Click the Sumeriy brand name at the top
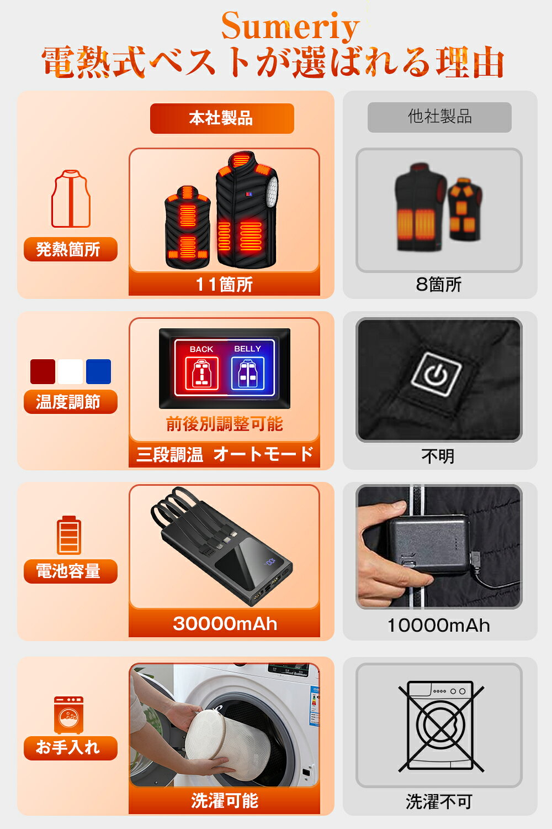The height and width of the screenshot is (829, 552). [x=290, y=27]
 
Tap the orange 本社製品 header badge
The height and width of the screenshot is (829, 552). [x=222, y=118]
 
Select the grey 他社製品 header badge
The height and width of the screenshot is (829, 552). [x=439, y=117]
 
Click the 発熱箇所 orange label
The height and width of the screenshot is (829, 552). [x=71, y=249]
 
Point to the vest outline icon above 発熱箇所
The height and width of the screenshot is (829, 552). [x=71, y=199]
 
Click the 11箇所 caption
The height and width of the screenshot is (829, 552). [x=224, y=284]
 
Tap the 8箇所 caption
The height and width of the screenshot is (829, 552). [x=439, y=284]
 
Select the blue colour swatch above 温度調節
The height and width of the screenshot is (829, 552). [x=98, y=371]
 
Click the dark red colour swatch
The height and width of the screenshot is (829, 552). [x=43, y=371]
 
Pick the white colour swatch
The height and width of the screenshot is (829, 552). [x=70, y=371]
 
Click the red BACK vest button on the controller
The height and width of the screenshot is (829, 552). [x=201, y=374]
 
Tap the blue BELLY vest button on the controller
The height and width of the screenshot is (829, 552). [x=247, y=374]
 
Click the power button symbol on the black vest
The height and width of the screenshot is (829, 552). [x=437, y=374]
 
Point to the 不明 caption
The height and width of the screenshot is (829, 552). [x=438, y=456]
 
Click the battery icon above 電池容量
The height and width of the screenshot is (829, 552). [x=69, y=535]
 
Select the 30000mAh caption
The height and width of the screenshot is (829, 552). [x=225, y=623]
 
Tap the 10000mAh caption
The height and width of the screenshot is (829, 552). [x=438, y=626]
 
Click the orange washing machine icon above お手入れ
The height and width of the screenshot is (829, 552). [x=69, y=715]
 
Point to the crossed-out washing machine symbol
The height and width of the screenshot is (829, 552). [x=441, y=727]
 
